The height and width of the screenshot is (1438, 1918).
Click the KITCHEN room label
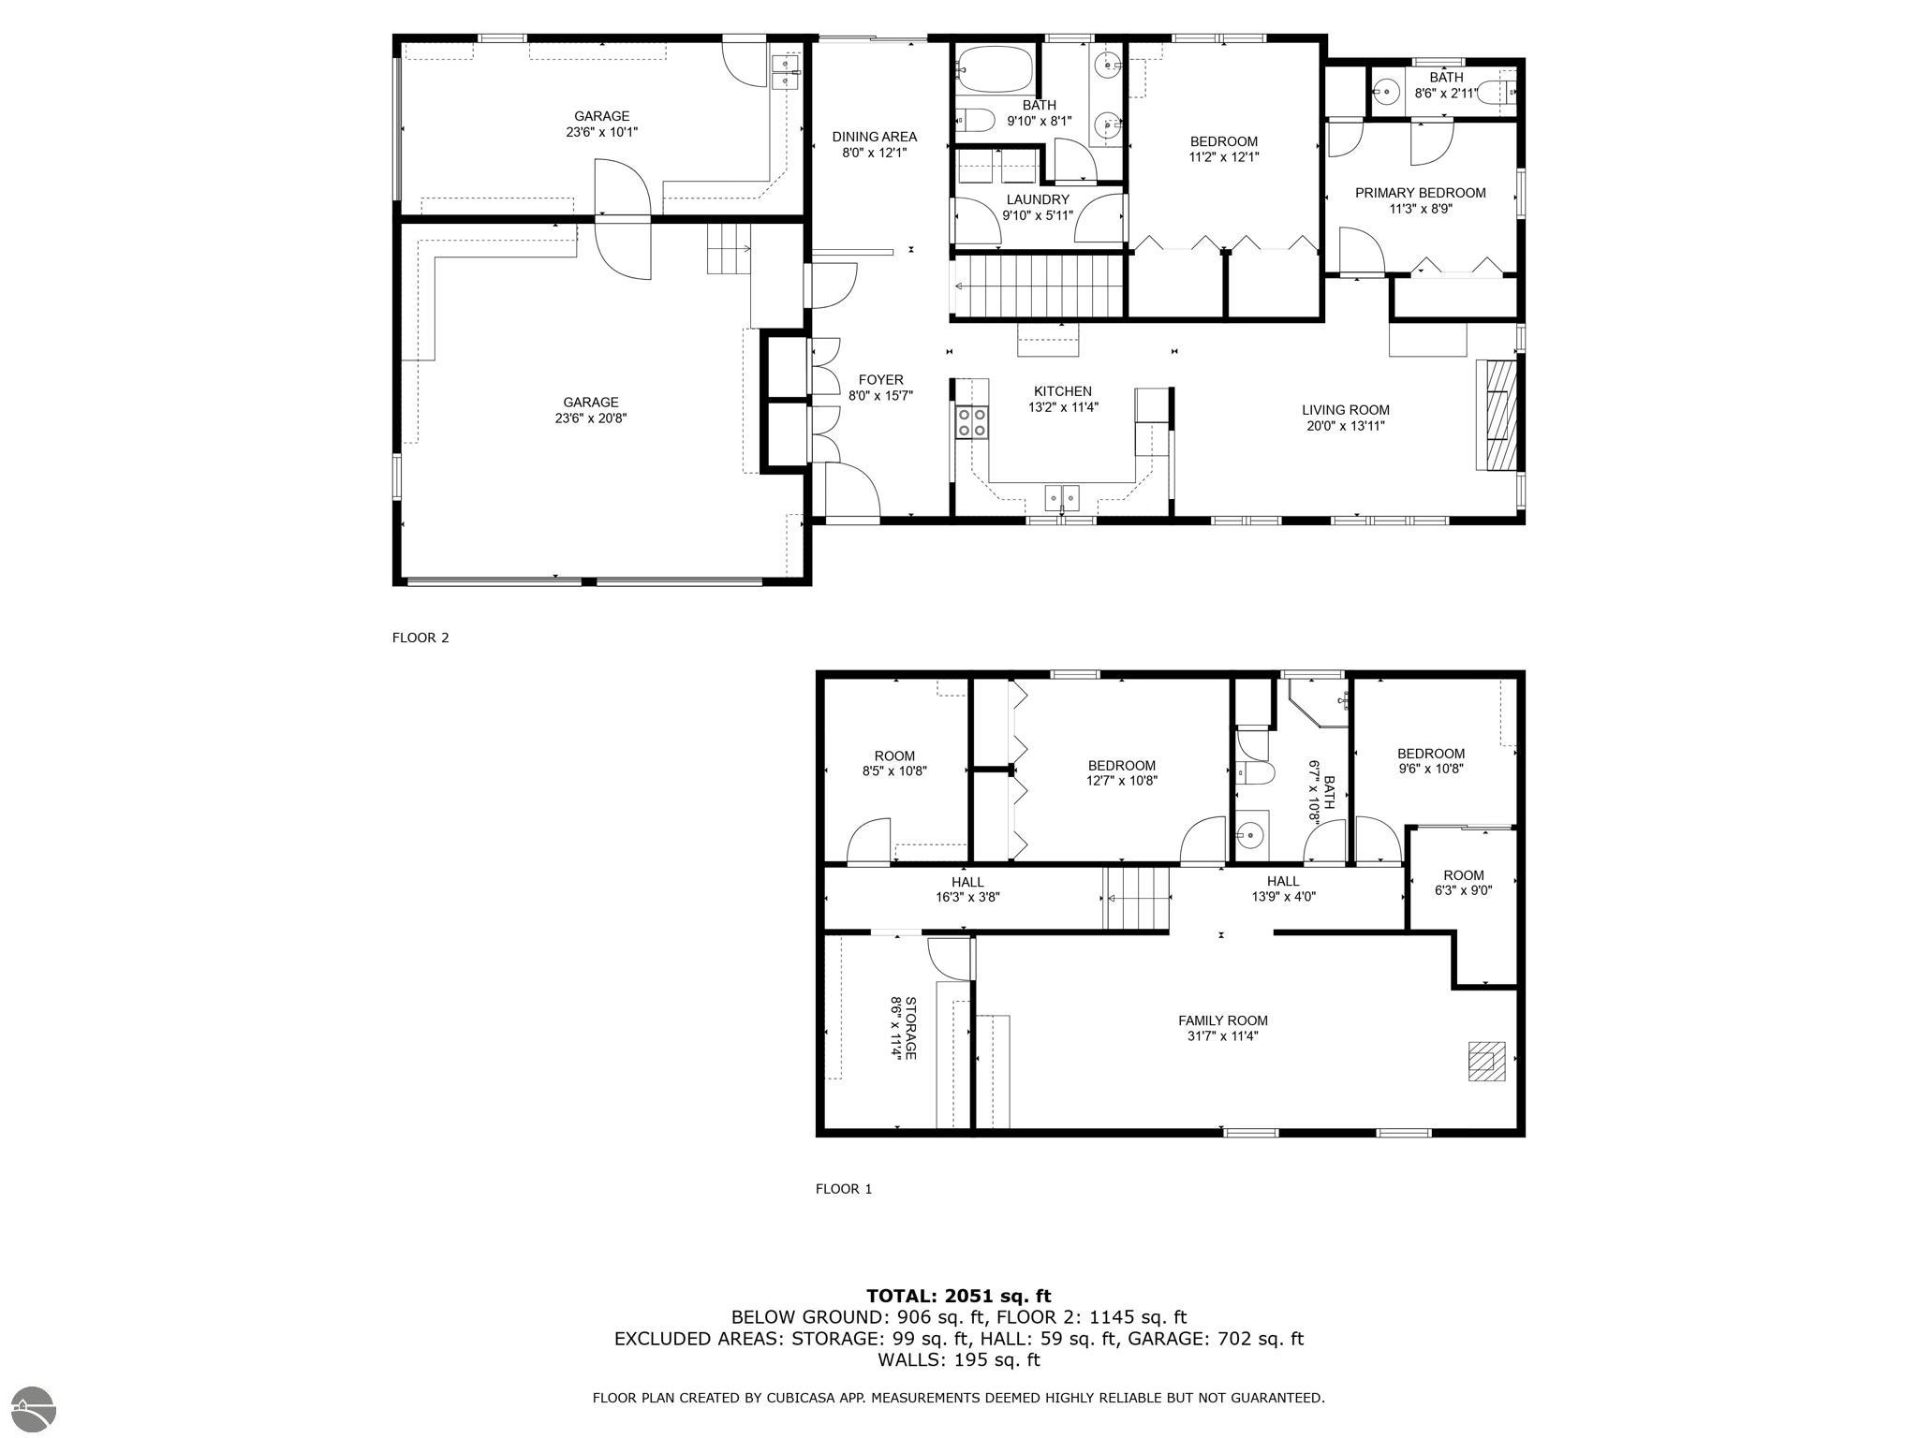1062,391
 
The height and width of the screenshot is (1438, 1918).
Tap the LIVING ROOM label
1345,410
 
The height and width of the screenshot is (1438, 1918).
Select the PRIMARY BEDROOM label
1420,193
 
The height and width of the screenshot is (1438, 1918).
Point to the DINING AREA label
874,137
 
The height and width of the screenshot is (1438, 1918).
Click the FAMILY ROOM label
1222,1020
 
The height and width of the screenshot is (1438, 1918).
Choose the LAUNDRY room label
1037,199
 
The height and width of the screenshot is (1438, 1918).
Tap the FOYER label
880,380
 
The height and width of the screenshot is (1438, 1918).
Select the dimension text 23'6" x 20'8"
590,418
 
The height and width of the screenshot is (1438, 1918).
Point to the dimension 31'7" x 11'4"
1222,1036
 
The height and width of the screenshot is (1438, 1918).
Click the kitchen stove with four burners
972,421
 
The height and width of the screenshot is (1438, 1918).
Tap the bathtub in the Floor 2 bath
994,68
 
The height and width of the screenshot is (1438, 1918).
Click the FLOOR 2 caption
420,638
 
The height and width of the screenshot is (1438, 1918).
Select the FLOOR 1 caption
844,1189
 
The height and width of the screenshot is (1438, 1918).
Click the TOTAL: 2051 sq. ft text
958,1297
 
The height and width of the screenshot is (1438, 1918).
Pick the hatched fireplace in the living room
1497,415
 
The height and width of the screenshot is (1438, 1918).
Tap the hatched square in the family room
1485,1062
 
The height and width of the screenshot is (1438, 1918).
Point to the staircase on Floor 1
1137,898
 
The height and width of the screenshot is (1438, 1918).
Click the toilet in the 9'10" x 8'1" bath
974,120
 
